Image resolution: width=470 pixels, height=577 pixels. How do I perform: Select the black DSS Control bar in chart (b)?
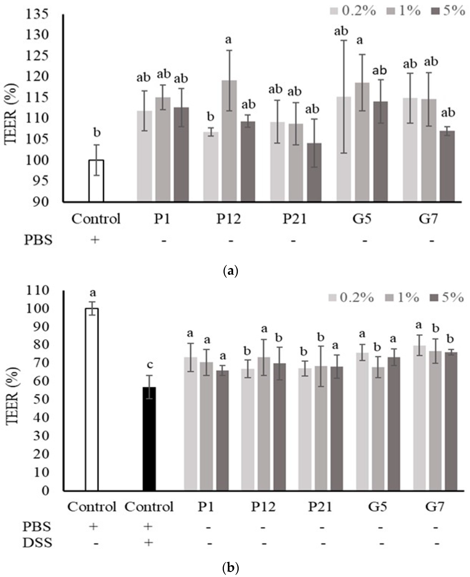(x=149, y=438)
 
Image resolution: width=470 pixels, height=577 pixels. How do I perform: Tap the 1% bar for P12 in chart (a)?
(x=229, y=141)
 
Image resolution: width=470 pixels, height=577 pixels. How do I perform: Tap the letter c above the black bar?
(x=150, y=365)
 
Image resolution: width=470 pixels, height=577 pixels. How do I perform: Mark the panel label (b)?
(x=230, y=567)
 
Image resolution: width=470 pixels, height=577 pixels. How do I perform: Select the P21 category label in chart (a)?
(x=295, y=219)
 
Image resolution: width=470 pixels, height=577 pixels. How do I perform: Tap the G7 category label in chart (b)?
(x=435, y=507)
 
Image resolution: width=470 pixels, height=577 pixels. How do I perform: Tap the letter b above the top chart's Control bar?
(x=97, y=133)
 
